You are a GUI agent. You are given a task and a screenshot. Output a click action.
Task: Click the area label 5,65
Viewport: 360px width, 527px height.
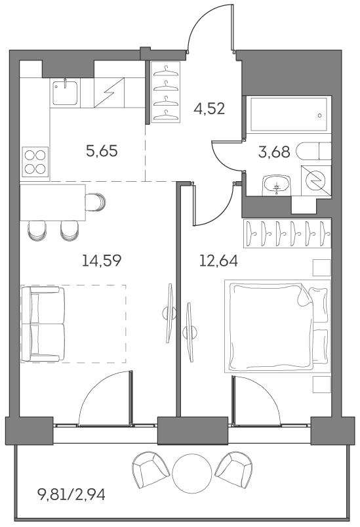tap(102, 152)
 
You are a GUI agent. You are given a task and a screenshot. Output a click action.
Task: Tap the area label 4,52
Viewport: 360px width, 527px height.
tap(209, 109)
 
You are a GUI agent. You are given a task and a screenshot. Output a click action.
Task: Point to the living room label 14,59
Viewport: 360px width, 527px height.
tap(102, 261)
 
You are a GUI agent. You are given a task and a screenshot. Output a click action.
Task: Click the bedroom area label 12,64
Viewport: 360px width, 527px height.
tap(218, 261)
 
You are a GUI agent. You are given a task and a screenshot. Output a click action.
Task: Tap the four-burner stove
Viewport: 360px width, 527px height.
tap(35, 161)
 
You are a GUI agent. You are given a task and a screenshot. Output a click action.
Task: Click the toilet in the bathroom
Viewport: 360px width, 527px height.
tap(314, 152)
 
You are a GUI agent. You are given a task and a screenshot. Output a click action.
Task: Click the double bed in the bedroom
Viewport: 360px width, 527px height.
tap(275, 326)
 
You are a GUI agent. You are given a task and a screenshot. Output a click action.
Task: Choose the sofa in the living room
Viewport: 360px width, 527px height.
tap(43, 324)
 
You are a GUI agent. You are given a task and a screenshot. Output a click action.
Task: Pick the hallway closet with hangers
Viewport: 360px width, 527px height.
tap(166, 92)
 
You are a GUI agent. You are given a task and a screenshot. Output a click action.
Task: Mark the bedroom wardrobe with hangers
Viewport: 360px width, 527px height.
tap(287, 233)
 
